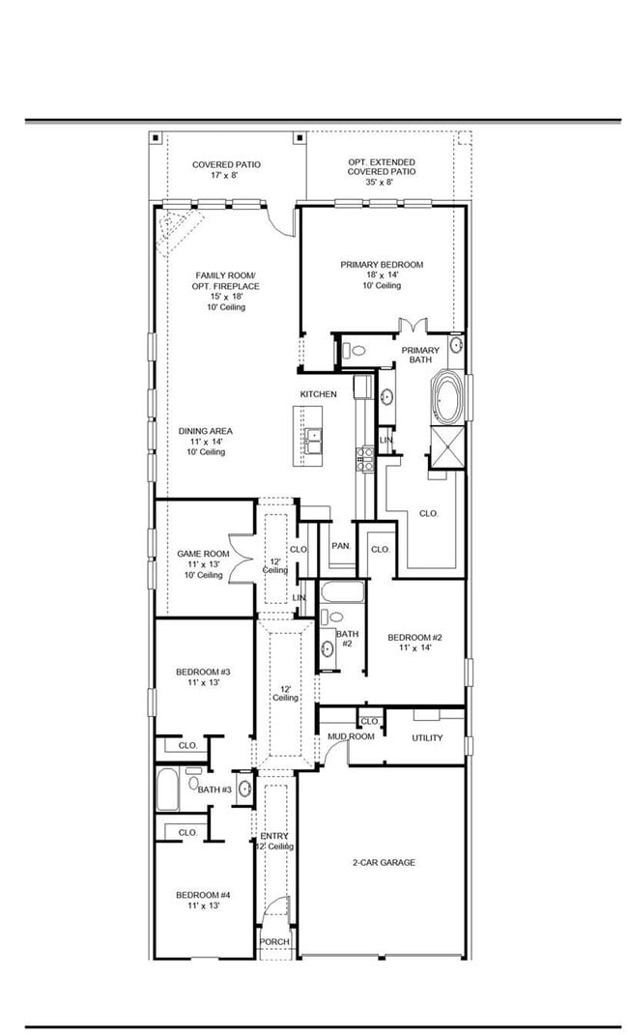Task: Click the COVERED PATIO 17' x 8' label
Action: [x=226, y=170]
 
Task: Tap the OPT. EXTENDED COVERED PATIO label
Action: [x=382, y=171]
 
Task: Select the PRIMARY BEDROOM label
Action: [x=382, y=274]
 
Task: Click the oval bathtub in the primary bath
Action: [x=448, y=397]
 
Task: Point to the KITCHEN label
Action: [x=318, y=394]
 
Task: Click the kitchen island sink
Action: [x=314, y=440]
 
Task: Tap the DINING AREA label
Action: [x=205, y=441]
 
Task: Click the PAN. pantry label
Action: [x=340, y=546]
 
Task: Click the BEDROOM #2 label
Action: [x=414, y=642]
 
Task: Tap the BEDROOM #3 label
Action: [x=202, y=676]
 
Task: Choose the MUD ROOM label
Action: [x=350, y=737]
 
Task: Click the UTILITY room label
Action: [x=427, y=738]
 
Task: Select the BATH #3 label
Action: [x=214, y=790]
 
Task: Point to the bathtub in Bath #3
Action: [x=167, y=790]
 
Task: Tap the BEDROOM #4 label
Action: [x=202, y=901]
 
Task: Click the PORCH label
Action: [x=274, y=942]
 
